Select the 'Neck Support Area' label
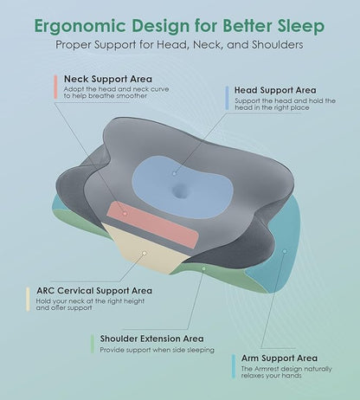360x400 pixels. click(x=106, y=78)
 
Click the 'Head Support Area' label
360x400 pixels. click(x=274, y=89)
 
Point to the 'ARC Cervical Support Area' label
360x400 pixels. click(x=94, y=290)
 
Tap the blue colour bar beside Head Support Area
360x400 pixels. click(x=226, y=96)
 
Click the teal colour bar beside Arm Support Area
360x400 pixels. click(x=234, y=365)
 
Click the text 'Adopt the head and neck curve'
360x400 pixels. click(x=108, y=90)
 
